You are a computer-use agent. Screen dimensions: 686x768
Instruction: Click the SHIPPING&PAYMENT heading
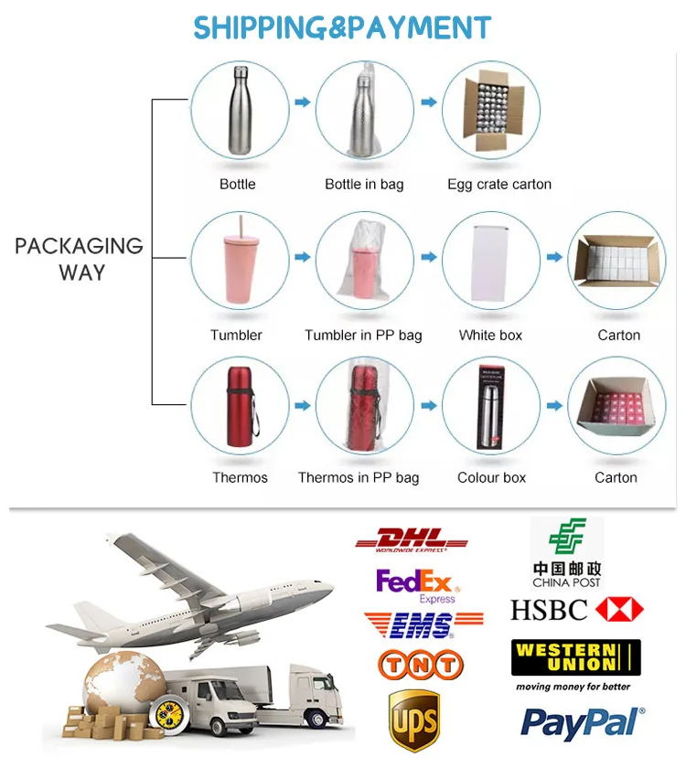342,27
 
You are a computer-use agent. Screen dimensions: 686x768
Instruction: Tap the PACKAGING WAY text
80,259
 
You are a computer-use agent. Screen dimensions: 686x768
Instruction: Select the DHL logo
411,540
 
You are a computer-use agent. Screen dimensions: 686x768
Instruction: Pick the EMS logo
423,624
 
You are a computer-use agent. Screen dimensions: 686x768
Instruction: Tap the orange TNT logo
421,665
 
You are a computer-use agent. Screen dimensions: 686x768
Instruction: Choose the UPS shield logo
413,719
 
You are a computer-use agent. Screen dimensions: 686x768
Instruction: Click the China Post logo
567,552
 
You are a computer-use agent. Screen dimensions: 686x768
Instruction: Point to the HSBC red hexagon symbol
619,610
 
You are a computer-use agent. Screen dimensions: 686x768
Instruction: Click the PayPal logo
583,722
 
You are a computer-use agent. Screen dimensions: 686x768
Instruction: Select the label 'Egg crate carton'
499,185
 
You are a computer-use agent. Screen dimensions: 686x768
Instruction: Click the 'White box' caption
490,336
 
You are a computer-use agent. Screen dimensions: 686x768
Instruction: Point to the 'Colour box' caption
491,477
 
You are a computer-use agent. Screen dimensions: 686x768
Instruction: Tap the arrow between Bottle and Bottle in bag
302,101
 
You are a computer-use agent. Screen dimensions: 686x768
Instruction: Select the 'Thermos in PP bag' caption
359,477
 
